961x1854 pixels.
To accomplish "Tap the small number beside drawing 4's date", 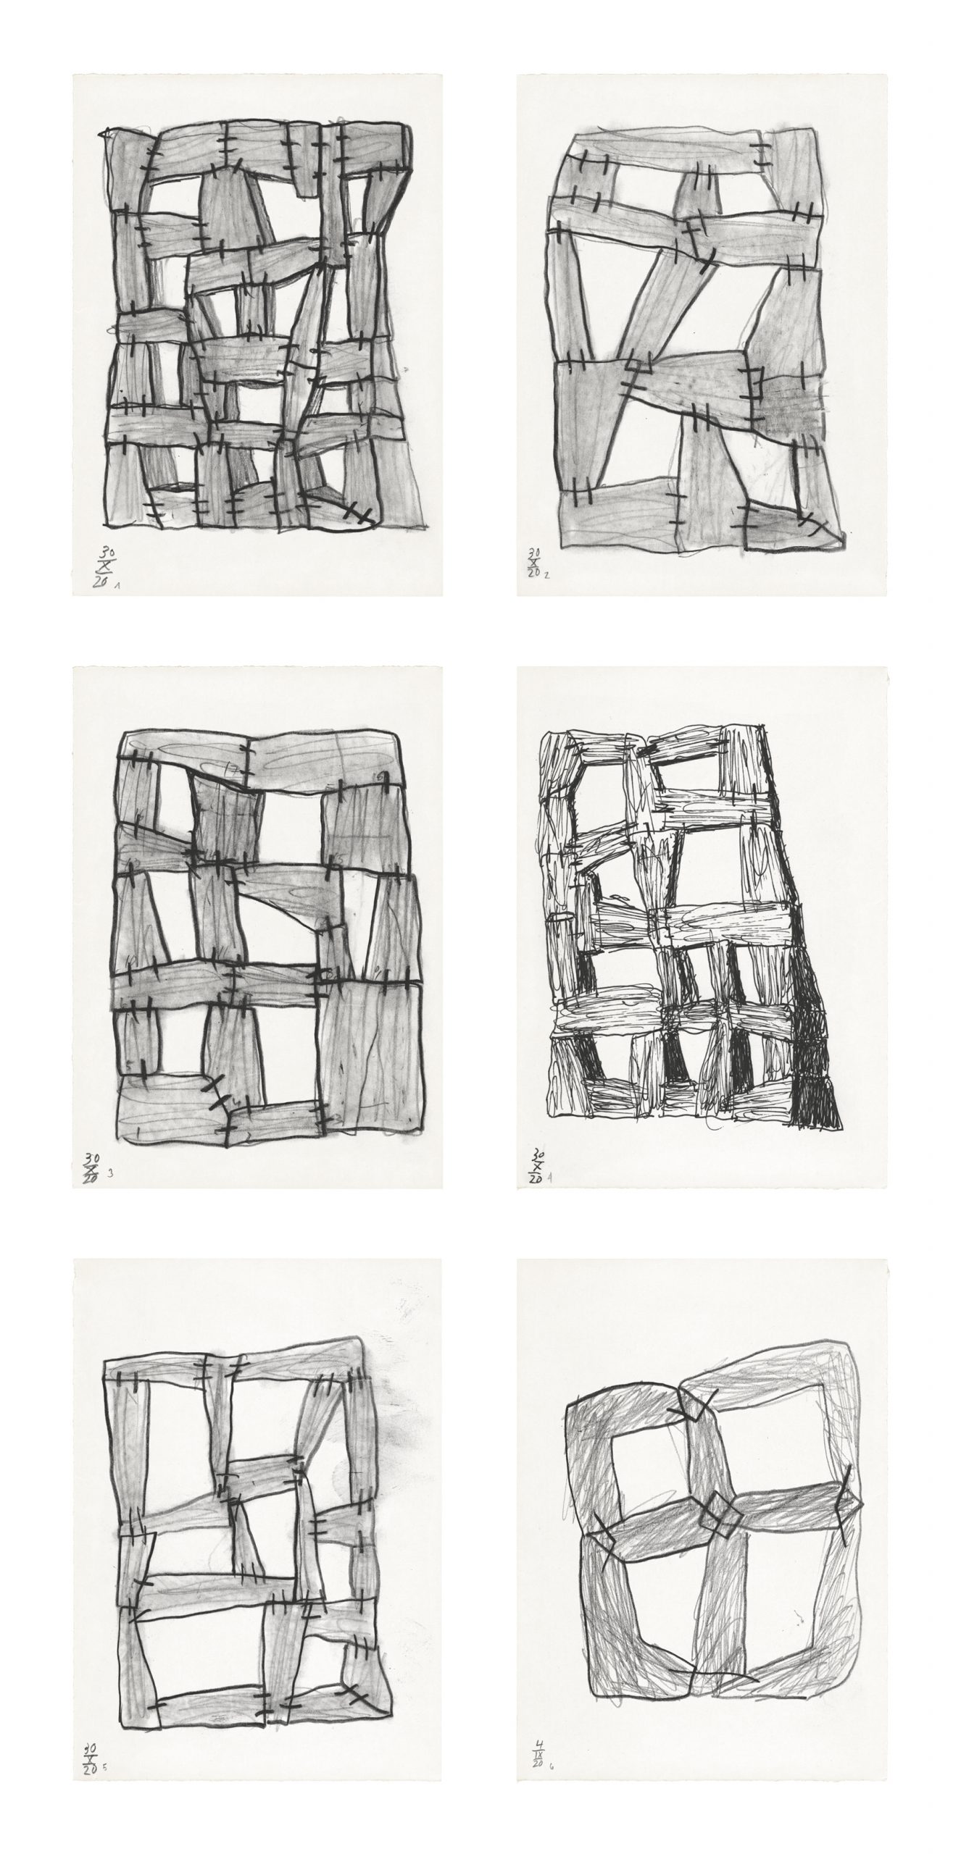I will (551, 1178).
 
